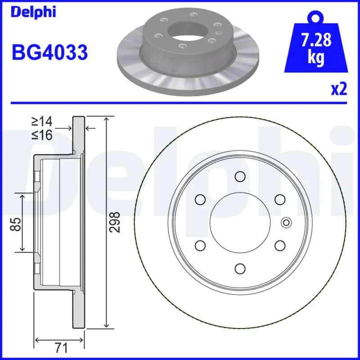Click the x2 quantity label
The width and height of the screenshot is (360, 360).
click(339, 89)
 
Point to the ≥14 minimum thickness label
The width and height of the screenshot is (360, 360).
click(42, 121)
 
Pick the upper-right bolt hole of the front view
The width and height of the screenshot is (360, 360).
click(279, 199)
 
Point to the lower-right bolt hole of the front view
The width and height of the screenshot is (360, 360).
click(279, 245)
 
